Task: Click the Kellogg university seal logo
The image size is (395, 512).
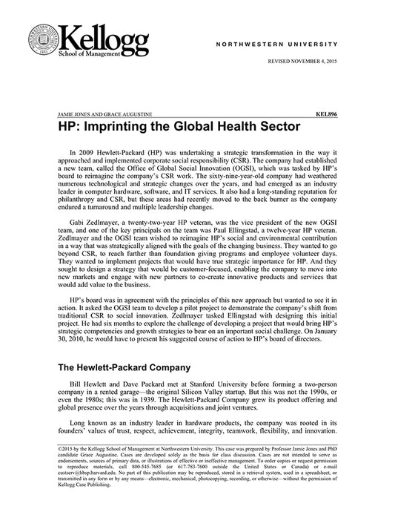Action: (43, 42)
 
